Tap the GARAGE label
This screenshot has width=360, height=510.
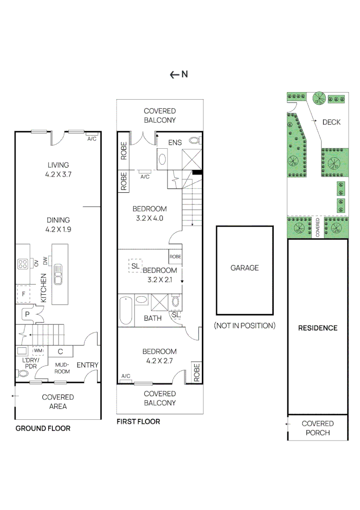pos(244,268)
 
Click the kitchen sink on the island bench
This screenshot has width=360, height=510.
pos(58,274)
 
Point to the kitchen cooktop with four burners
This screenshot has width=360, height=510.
pos(22,264)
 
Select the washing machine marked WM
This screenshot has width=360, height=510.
pos(37,351)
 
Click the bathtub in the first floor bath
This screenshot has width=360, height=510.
pos(126,310)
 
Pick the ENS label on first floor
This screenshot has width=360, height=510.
pos(176,142)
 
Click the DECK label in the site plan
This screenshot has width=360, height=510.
pos(331,122)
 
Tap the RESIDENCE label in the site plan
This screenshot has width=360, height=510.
pos(318,328)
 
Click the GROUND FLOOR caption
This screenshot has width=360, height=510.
pos(43,428)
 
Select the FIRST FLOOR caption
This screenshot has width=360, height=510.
pos(138,421)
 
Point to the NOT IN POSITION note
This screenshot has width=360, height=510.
pos(244,325)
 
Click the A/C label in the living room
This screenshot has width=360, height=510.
pos(92,138)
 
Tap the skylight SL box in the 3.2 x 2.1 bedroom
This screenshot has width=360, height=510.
pos(135,266)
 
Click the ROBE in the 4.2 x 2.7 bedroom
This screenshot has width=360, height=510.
pos(196,373)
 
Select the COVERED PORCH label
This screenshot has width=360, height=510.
pos(318,428)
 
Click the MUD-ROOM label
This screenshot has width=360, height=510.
pos(62,368)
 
